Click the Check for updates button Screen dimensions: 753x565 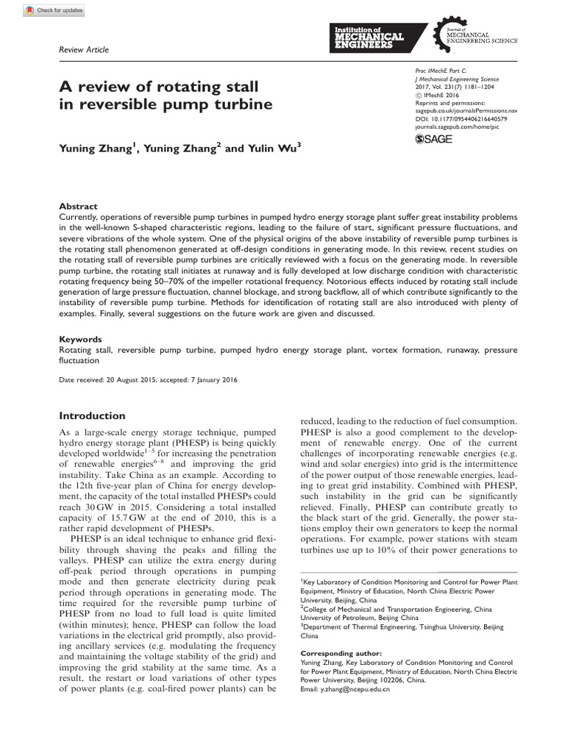(x=54, y=10)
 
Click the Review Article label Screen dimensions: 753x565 (x=83, y=50)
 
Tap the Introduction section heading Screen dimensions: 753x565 (x=92, y=415)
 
